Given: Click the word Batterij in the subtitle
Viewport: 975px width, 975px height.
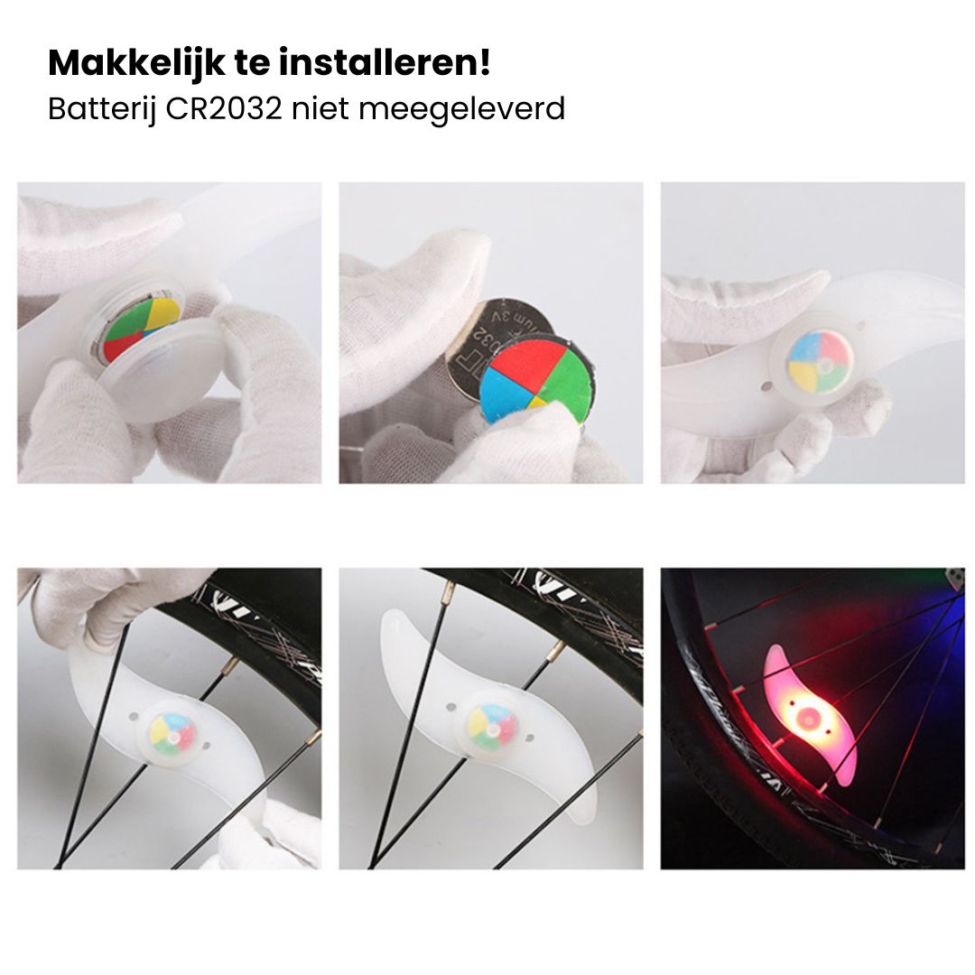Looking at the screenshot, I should (x=102, y=108).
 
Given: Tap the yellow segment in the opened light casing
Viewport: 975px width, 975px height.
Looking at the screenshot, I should (x=162, y=313).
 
